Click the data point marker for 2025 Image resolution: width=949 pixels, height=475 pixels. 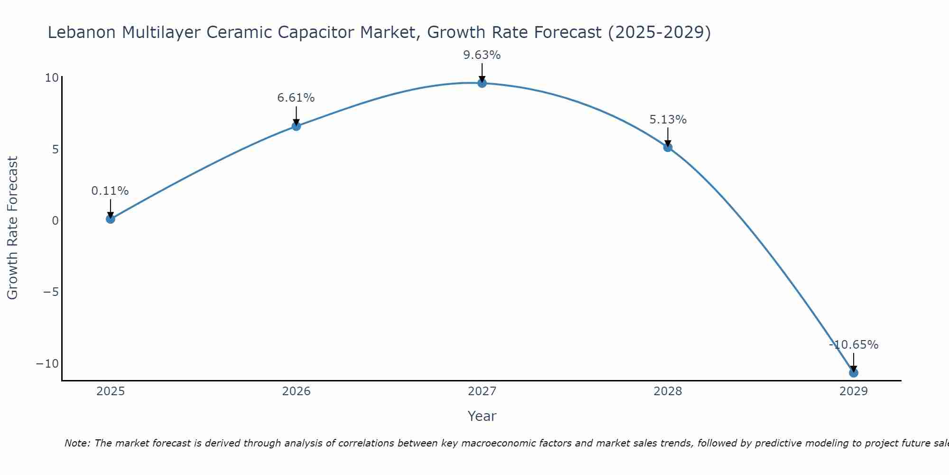pyautogui.click(x=111, y=219)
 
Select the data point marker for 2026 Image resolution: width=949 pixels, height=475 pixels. pyautogui.click(x=296, y=126)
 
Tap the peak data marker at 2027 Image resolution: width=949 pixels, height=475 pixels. pyautogui.click(x=482, y=83)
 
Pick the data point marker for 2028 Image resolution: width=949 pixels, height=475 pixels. pyautogui.click(x=668, y=147)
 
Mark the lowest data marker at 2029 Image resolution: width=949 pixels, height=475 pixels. pyautogui.click(x=854, y=373)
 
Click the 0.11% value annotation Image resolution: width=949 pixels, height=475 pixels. pyautogui.click(x=110, y=191)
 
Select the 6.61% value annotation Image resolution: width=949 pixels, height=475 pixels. pyautogui.click(x=296, y=98)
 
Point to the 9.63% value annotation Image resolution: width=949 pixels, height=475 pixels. pyautogui.click(x=482, y=55)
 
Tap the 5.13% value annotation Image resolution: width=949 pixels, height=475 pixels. pyautogui.click(x=668, y=120)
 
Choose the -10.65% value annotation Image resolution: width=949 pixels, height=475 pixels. pyautogui.click(x=854, y=345)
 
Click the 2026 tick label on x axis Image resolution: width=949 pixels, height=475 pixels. pyautogui.click(x=296, y=391)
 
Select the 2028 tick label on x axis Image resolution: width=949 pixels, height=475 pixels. pyautogui.click(x=668, y=391)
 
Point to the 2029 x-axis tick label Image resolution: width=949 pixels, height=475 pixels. pyautogui.click(x=854, y=391)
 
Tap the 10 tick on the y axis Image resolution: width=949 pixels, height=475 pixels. pyautogui.click(x=52, y=78)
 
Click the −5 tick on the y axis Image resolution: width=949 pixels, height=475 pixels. pyautogui.click(x=51, y=292)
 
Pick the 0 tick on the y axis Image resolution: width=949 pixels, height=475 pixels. pyautogui.click(x=56, y=221)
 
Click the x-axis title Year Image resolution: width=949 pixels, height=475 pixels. pyautogui.click(x=482, y=416)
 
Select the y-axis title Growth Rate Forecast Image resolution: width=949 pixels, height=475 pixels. pyautogui.click(x=13, y=228)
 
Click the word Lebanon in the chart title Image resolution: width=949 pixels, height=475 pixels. pyautogui.click(x=82, y=32)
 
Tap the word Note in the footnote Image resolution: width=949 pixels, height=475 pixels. pyautogui.click(x=76, y=443)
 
